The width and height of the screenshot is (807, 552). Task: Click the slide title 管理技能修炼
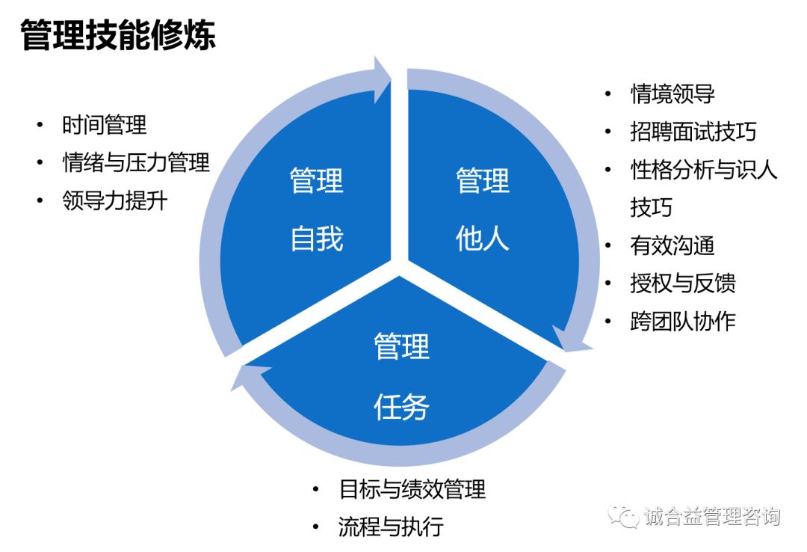(118, 35)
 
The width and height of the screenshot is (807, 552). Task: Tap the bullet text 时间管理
(105, 125)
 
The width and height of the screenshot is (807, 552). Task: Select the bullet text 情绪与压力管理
(136, 162)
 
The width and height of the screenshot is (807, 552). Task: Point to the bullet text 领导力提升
(115, 200)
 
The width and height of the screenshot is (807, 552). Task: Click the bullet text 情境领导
(672, 93)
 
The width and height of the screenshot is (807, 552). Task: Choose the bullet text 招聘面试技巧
(693, 132)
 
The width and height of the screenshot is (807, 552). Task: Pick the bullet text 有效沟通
(672, 245)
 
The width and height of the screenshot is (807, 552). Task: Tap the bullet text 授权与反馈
(683, 283)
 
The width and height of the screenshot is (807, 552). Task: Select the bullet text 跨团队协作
(683, 321)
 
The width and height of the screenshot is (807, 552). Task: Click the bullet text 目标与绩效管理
(412, 489)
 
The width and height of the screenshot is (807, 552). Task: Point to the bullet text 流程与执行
(391, 527)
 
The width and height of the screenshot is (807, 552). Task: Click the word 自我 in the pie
(317, 239)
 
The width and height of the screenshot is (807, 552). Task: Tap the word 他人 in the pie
(482, 239)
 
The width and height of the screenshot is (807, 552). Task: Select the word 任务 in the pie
(401, 407)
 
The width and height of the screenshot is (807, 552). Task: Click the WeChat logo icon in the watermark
(622, 515)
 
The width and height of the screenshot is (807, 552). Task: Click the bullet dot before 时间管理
(40, 125)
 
